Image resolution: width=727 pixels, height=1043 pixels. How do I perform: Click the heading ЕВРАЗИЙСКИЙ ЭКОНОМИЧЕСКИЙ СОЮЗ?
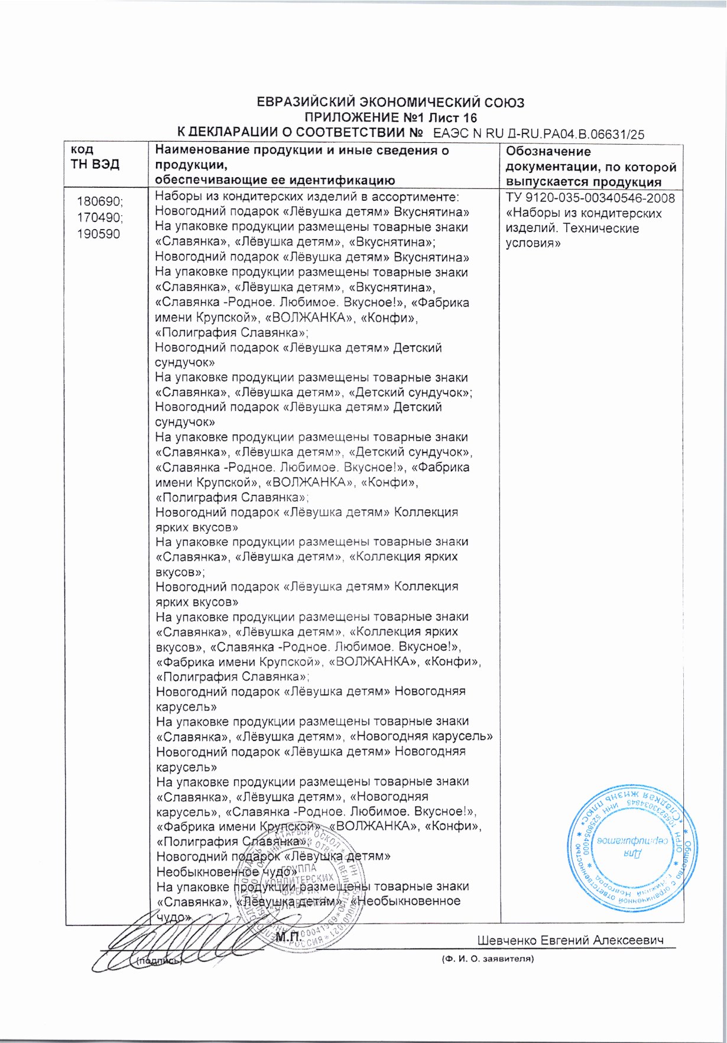[x=391, y=103]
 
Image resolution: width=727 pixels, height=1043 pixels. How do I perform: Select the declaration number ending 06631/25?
[x=538, y=134]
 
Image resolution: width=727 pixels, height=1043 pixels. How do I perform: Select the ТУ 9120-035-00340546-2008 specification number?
[x=590, y=198]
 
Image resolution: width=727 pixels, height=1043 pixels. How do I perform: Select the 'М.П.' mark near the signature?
[x=288, y=937]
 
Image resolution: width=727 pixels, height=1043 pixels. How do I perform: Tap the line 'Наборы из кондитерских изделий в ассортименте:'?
[x=307, y=197]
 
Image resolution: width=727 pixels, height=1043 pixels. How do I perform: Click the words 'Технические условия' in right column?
[x=572, y=236]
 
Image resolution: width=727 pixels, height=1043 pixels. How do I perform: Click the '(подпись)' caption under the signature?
[x=155, y=961]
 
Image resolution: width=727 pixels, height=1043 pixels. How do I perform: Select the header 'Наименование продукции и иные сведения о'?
[x=301, y=151]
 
